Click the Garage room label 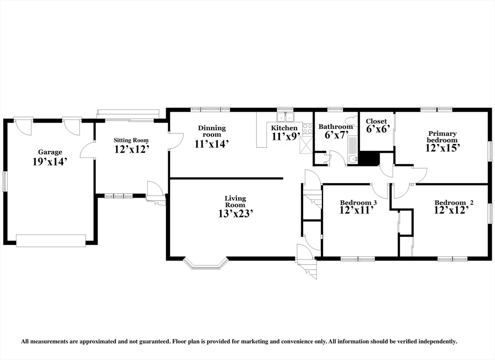tap(50, 153)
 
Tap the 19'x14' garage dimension tap(50, 162)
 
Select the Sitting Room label tap(131, 140)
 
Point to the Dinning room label tap(212, 131)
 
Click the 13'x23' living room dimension tap(235, 214)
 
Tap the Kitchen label tap(284, 128)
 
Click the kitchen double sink tap(285, 117)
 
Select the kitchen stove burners tap(307, 128)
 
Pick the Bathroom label tap(335, 127)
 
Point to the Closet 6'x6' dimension tap(376, 129)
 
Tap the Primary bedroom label tap(442, 137)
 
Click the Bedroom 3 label tap(358, 202)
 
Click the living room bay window tap(206, 264)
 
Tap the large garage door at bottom tap(51, 241)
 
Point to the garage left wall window tap(5, 181)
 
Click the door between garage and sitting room tap(87, 149)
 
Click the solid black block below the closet tap(369, 158)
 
